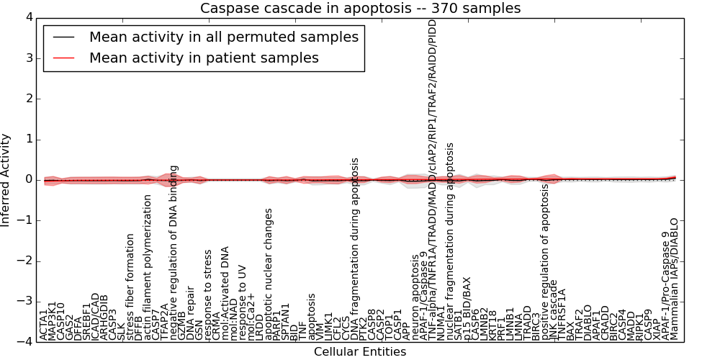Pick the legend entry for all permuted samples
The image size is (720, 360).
(x=223, y=37)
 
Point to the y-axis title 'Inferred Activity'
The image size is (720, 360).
(x=6, y=180)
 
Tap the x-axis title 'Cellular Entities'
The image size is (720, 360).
(x=360, y=352)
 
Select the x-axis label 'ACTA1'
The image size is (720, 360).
(x=44, y=324)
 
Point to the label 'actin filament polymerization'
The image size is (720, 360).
(x=148, y=267)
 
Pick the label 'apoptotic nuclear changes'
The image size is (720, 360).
(x=269, y=274)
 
